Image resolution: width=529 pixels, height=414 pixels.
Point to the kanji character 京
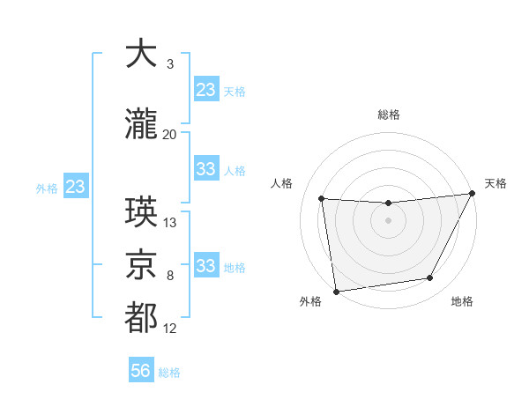(x=141, y=262)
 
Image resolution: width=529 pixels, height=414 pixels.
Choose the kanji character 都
(x=141, y=318)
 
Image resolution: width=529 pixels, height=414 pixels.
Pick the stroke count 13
(x=170, y=223)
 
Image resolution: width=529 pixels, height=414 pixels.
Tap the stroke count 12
(x=170, y=329)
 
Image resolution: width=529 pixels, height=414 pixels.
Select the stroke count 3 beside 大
(x=169, y=64)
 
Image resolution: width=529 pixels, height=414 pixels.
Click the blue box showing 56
(x=141, y=372)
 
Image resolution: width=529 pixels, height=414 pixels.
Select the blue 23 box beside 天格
(x=206, y=90)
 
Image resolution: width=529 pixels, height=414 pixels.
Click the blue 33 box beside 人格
(x=206, y=169)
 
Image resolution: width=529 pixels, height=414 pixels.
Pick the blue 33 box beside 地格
(x=206, y=266)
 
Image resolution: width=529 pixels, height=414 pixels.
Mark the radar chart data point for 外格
(x=336, y=291)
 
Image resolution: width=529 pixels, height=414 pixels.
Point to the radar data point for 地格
(x=430, y=278)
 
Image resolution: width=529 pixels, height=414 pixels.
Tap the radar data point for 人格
(x=321, y=198)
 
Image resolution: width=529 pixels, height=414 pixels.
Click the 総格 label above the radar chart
(x=388, y=115)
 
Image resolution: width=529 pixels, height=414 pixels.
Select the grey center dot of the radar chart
(x=388, y=220)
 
